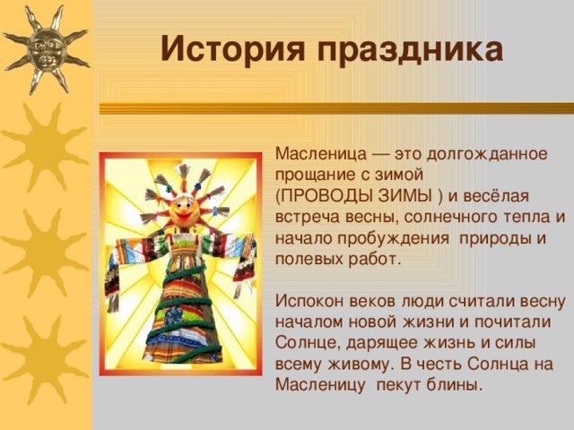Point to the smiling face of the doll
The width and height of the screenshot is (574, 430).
(x=187, y=213)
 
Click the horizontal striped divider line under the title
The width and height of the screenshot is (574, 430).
(x=332, y=107)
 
